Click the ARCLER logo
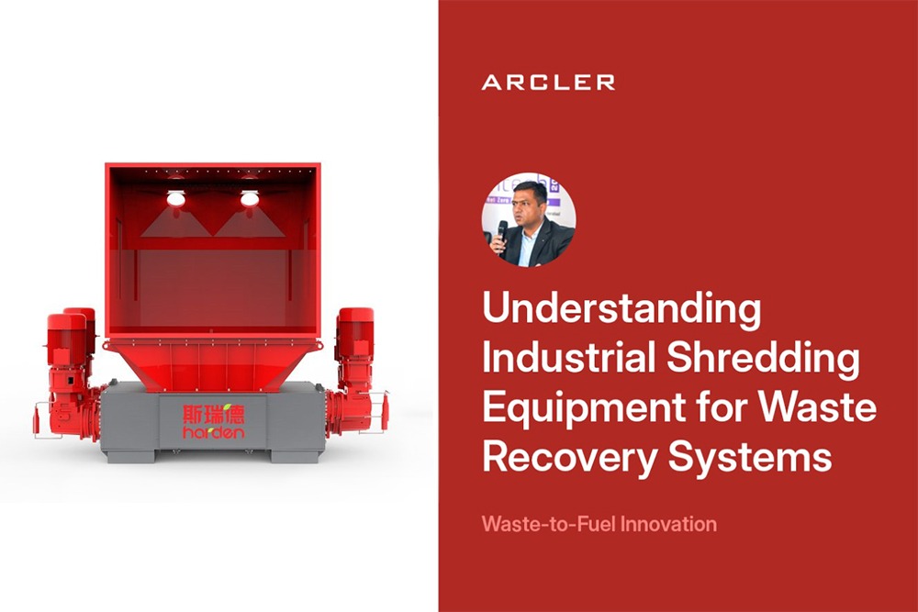click(548, 83)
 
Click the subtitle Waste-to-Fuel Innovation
click(599, 523)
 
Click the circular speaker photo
click(529, 220)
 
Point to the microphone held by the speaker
click(502, 234)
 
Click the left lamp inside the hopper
click(175, 198)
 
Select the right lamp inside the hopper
click(250, 198)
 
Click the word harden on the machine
click(213, 434)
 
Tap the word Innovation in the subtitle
click(668, 523)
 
